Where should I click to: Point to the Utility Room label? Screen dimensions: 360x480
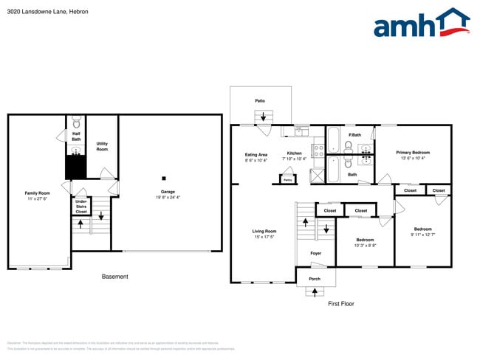(102, 147)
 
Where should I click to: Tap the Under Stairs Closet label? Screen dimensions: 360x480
(81, 206)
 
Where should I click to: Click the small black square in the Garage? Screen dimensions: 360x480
(165, 178)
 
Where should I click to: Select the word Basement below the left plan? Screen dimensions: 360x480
(114, 277)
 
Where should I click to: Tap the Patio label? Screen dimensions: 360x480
(260, 100)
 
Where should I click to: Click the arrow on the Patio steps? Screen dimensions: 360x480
(263, 116)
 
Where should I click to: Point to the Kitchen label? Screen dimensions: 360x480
(295, 153)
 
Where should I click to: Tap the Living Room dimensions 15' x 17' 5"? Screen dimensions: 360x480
(264, 237)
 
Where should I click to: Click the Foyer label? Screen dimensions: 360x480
(315, 253)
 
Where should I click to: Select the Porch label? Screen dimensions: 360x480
(315, 279)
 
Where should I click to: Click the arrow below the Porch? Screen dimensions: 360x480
(315, 291)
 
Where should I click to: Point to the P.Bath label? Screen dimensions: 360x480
(355, 135)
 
